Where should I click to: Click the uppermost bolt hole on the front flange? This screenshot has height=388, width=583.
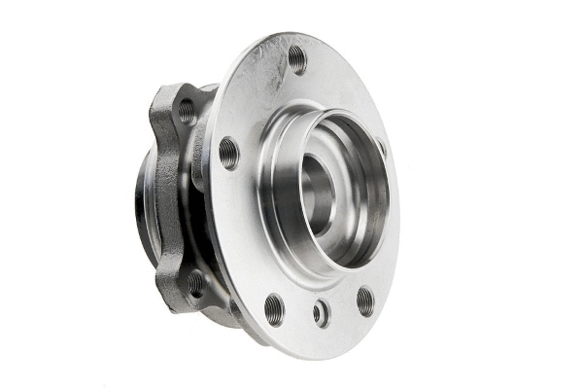(x=296, y=59)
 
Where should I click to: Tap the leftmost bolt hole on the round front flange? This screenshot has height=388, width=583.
(x=229, y=152)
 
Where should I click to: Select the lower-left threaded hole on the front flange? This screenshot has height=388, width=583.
(x=275, y=308)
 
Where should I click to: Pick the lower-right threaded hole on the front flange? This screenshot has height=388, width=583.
(x=364, y=300)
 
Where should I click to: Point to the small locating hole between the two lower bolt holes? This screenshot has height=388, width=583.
(x=321, y=313)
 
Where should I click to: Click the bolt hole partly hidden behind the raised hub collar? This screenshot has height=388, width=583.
(x=380, y=149)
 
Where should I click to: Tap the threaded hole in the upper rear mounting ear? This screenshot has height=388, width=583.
(x=186, y=110)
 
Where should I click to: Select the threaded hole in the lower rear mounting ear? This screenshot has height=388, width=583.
(x=196, y=283)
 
